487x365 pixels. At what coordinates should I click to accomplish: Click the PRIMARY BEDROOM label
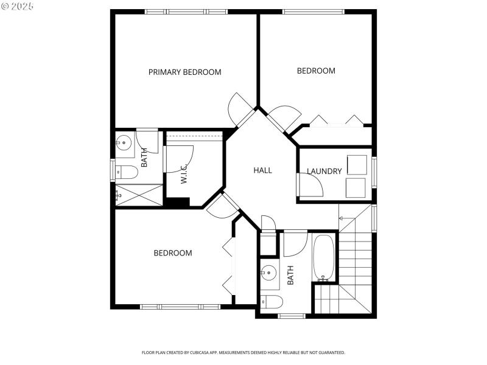[184, 72]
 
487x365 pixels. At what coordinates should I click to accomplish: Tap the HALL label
[262, 170]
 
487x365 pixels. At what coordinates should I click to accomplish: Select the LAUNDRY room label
[324, 172]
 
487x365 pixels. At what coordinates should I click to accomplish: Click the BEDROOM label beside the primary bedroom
[316, 71]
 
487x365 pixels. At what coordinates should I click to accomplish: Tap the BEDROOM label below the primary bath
[172, 253]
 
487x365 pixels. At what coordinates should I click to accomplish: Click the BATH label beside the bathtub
[290, 275]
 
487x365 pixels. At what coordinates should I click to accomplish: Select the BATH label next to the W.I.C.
[144, 158]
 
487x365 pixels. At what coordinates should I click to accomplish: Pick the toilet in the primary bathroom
[127, 172]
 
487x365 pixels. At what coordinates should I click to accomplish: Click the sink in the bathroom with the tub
[268, 272]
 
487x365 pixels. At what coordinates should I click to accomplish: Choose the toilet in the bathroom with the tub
[272, 301]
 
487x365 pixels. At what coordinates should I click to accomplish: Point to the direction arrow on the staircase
[342, 218]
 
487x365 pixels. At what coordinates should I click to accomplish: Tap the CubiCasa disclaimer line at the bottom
[243, 352]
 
